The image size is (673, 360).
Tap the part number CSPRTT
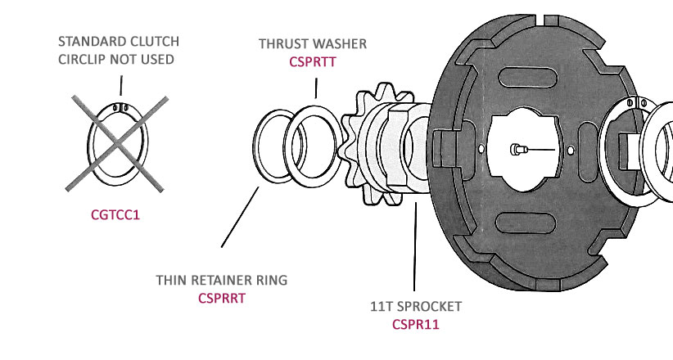[x=313, y=61]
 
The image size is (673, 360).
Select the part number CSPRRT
[x=222, y=299]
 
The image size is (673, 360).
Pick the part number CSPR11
[x=415, y=324]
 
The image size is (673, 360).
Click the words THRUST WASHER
[x=313, y=43]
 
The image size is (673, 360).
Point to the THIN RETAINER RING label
[x=222, y=281]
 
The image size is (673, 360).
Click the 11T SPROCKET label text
[x=415, y=307]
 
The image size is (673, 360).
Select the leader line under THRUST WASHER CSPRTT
[x=315, y=87]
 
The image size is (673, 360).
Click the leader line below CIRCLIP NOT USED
[x=120, y=85]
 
